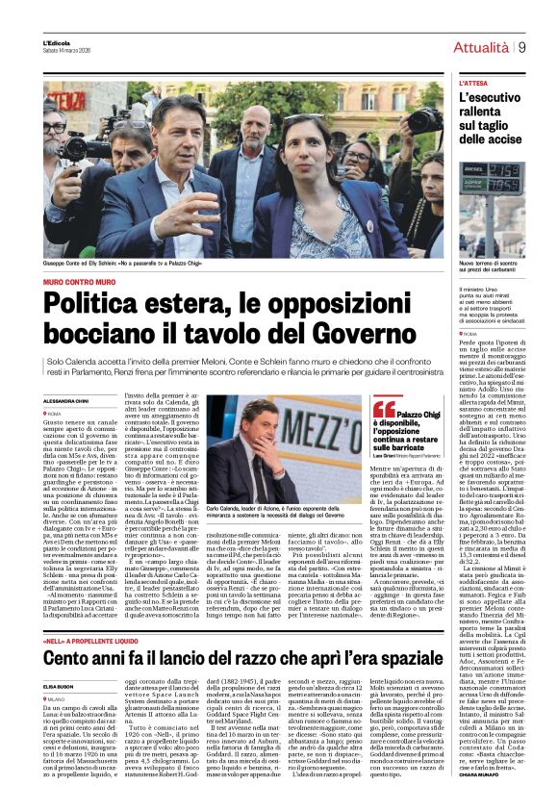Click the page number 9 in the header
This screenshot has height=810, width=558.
tap(521, 46)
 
